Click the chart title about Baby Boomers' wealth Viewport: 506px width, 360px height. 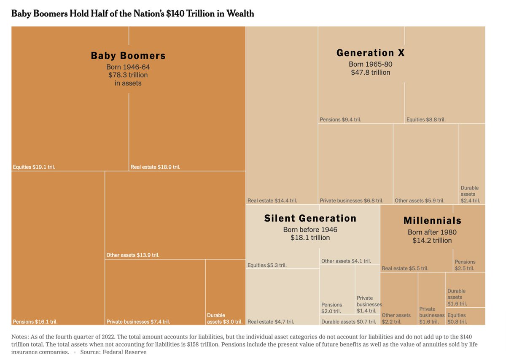tap(132, 14)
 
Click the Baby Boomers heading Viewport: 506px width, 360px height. tap(128, 56)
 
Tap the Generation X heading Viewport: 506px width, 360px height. tap(370, 53)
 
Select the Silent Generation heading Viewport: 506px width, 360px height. tap(310, 218)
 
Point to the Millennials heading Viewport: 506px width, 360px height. tap(432, 221)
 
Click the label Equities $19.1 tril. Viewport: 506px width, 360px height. tap(34, 167)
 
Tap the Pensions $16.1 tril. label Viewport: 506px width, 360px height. tap(35, 322)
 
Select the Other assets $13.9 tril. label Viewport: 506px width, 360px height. tap(133, 255)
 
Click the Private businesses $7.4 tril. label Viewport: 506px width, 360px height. tap(138, 322)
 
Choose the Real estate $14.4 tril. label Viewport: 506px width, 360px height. tap(272, 201)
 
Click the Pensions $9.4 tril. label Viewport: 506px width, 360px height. tap(340, 120)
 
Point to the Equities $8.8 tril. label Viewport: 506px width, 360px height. tap(426, 120)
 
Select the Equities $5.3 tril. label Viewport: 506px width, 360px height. tap(267, 265)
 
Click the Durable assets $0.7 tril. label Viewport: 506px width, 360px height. tap(348, 322)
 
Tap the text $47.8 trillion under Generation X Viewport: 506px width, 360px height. tap(370, 73)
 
